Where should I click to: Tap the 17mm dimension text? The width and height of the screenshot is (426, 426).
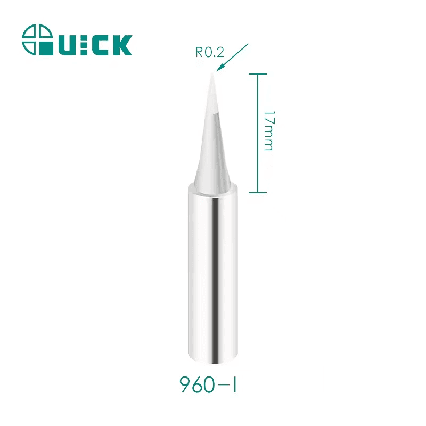coord(268,130)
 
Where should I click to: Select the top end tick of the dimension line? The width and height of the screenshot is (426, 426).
coord(258,74)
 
